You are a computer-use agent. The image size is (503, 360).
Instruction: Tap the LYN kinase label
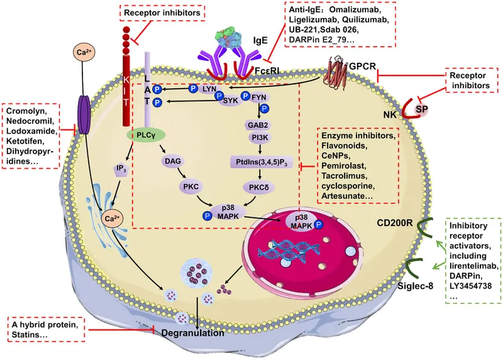pyautogui.click(x=209, y=89)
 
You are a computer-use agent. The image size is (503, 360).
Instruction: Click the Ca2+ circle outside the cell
pyautogui.click(x=86, y=53)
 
